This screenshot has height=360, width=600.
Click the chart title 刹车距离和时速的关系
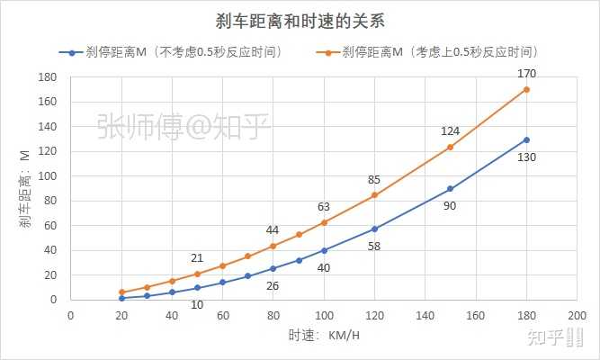click(x=300, y=20)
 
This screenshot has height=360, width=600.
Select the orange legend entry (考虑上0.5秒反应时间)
click(x=442, y=52)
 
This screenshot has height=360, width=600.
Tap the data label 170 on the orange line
click(x=527, y=73)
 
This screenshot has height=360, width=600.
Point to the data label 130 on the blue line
click(x=527, y=157)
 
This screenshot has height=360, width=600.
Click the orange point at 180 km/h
click(x=526, y=89)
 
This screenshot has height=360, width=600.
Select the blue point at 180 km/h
click(x=526, y=139)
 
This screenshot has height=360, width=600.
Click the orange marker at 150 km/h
click(x=450, y=147)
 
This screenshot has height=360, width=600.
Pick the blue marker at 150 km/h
click(x=450, y=189)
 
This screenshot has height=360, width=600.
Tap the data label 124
click(x=450, y=131)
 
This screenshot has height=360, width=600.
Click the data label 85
click(x=374, y=179)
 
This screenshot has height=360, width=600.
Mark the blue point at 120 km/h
click(x=374, y=229)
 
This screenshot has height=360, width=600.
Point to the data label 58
click(x=374, y=246)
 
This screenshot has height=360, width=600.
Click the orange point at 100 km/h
click(x=324, y=222)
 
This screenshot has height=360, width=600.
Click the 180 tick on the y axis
click(x=50, y=78)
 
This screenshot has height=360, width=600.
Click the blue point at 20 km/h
click(x=121, y=298)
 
